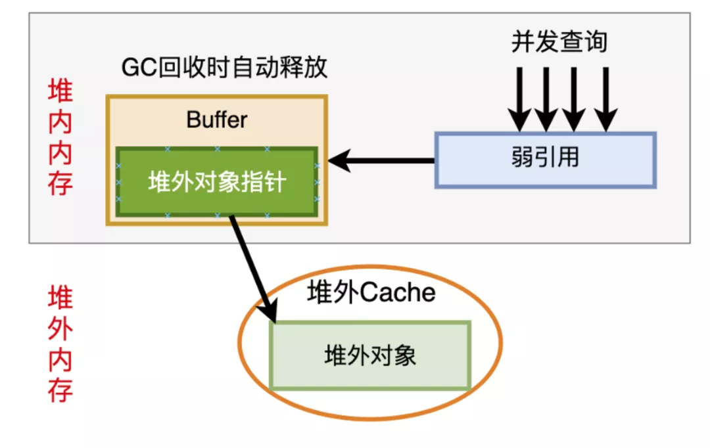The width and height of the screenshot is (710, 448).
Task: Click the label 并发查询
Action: tap(559, 42)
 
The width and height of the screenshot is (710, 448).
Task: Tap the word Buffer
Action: tap(217, 120)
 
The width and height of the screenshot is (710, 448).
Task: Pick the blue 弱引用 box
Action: tap(545, 160)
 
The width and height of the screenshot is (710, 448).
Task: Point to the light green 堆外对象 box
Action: tap(370, 355)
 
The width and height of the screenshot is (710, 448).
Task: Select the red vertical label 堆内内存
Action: tap(60, 138)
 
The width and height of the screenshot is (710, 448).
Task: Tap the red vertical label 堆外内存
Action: tap(60, 344)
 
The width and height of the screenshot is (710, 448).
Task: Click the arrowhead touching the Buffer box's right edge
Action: tap(338, 160)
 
